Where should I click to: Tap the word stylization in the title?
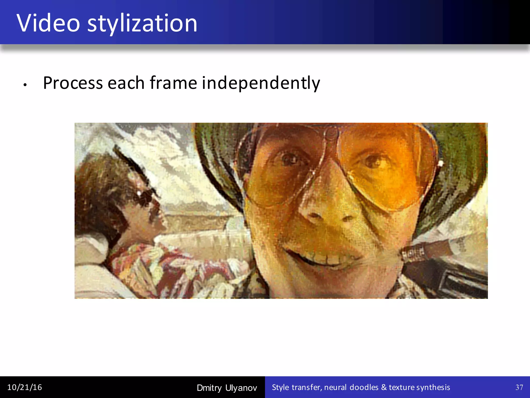coord(142,24)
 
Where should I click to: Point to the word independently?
coord(261,83)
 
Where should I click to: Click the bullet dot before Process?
coord(25,85)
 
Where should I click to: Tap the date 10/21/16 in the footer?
coord(25,387)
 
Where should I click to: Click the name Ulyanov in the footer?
coord(241,388)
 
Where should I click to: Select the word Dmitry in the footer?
coord(209,388)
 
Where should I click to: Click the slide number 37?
coord(519,387)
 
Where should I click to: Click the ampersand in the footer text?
coord(384,387)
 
